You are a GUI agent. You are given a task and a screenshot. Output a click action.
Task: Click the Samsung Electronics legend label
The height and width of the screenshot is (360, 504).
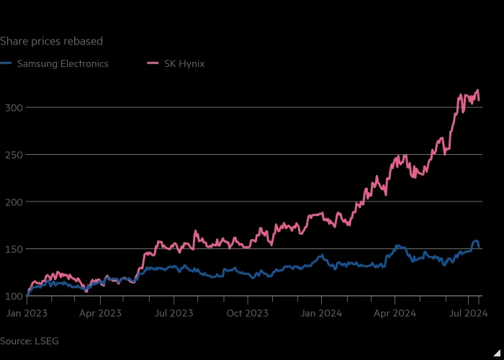click(63, 63)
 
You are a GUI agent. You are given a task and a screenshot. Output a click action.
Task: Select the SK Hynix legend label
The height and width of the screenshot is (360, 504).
click(184, 63)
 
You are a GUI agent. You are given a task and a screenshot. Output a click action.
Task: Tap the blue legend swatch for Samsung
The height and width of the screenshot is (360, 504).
click(6, 63)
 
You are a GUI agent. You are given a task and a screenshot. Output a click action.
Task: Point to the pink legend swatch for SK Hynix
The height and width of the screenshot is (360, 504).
click(153, 63)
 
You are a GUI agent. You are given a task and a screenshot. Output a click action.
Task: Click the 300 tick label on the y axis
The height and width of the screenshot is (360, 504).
click(13, 107)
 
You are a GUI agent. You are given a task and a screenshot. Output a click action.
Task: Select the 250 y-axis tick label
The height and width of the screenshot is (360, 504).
click(13, 155)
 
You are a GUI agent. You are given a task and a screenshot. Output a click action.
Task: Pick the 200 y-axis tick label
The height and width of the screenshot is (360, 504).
click(13, 202)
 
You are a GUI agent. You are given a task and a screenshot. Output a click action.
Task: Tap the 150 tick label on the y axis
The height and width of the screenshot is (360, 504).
click(13, 249)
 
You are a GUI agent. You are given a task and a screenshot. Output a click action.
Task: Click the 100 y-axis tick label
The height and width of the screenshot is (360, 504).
click(13, 296)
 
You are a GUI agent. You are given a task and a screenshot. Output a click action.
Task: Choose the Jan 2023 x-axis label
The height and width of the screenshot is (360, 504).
click(27, 313)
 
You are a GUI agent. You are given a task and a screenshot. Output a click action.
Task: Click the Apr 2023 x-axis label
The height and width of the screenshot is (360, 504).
click(100, 313)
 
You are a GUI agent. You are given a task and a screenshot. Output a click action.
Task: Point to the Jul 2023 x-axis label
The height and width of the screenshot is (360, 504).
click(174, 313)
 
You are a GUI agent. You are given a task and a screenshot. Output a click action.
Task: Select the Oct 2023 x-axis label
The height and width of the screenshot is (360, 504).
click(248, 313)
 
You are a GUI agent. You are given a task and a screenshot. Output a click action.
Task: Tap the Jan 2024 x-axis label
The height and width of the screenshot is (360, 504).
click(321, 313)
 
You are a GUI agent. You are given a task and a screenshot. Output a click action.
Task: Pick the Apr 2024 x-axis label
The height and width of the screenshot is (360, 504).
click(395, 313)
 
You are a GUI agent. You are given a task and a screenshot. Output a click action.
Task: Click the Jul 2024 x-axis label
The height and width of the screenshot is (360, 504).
click(468, 313)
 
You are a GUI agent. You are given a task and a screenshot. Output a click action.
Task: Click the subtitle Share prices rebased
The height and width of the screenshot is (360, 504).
click(51, 41)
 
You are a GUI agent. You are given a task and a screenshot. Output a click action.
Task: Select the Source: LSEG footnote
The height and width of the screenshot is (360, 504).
click(30, 341)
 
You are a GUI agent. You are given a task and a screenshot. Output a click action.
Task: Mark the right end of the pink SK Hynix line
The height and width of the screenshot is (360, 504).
click(479, 100)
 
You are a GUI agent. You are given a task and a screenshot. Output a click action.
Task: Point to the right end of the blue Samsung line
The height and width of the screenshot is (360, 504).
click(479, 247)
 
